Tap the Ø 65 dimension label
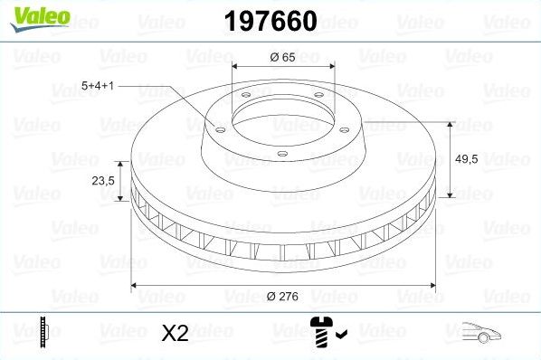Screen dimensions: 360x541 [x=284, y=57]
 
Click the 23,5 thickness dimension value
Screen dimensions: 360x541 [x=102, y=181]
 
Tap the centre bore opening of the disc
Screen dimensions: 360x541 [x=283, y=118]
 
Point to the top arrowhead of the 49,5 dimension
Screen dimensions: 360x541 [x=451, y=124]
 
